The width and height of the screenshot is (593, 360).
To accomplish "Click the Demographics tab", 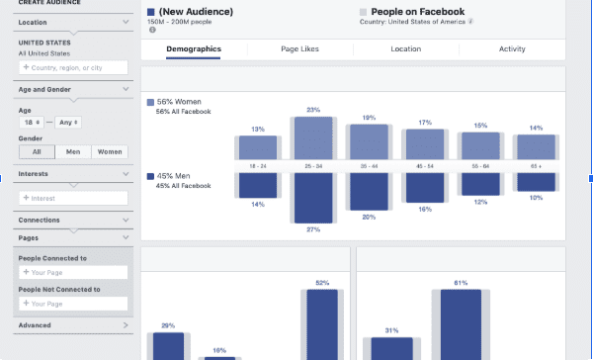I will [x=194, y=48].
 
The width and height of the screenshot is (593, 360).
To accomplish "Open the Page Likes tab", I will [x=298, y=48].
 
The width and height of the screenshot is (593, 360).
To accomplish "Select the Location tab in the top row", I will [x=405, y=48].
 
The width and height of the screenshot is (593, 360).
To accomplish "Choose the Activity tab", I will [x=512, y=48].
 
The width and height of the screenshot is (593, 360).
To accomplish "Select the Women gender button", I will [x=110, y=151].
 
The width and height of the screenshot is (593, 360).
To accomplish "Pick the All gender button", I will [x=37, y=151].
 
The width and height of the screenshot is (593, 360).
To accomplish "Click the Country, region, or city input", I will [x=73, y=67].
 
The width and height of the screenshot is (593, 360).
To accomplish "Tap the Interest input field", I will [x=73, y=198].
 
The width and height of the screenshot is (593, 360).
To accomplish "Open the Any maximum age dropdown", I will [x=68, y=123].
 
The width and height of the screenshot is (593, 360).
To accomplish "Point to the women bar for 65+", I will [x=537, y=146].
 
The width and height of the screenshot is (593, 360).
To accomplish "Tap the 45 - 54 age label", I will [x=425, y=166].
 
